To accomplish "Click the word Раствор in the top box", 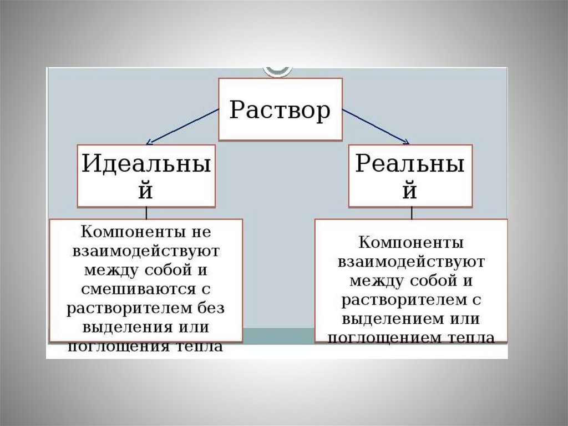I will coord(280,109).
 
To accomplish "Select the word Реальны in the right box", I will coord(410,164).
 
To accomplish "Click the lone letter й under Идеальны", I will coord(146,190).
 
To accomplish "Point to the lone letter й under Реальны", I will coord(410,190).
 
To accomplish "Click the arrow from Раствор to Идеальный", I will coord(183,126).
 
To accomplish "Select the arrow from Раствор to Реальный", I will coord(376,126).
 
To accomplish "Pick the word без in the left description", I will coord(211,308).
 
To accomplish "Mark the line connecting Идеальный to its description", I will coord(146,213).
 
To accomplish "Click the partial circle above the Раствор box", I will coord(277,71).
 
